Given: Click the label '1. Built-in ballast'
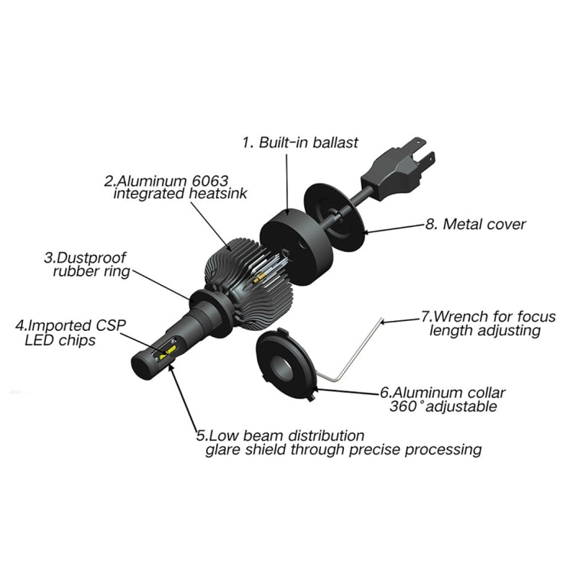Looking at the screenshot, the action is (x=300, y=143).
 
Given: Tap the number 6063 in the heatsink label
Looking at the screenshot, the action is (x=210, y=180).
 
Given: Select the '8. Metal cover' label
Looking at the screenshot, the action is (x=475, y=225).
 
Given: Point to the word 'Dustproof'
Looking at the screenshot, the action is (x=92, y=257).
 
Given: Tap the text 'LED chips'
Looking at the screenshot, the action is (x=60, y=340).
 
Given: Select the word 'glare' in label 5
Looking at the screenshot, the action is (x=222, y=449).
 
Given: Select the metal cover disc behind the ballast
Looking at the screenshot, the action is (x=335, y=217).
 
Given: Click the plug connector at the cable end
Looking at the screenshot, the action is (x=398, y=169).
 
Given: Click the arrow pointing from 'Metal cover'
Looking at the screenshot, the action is (x=395, y=228).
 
